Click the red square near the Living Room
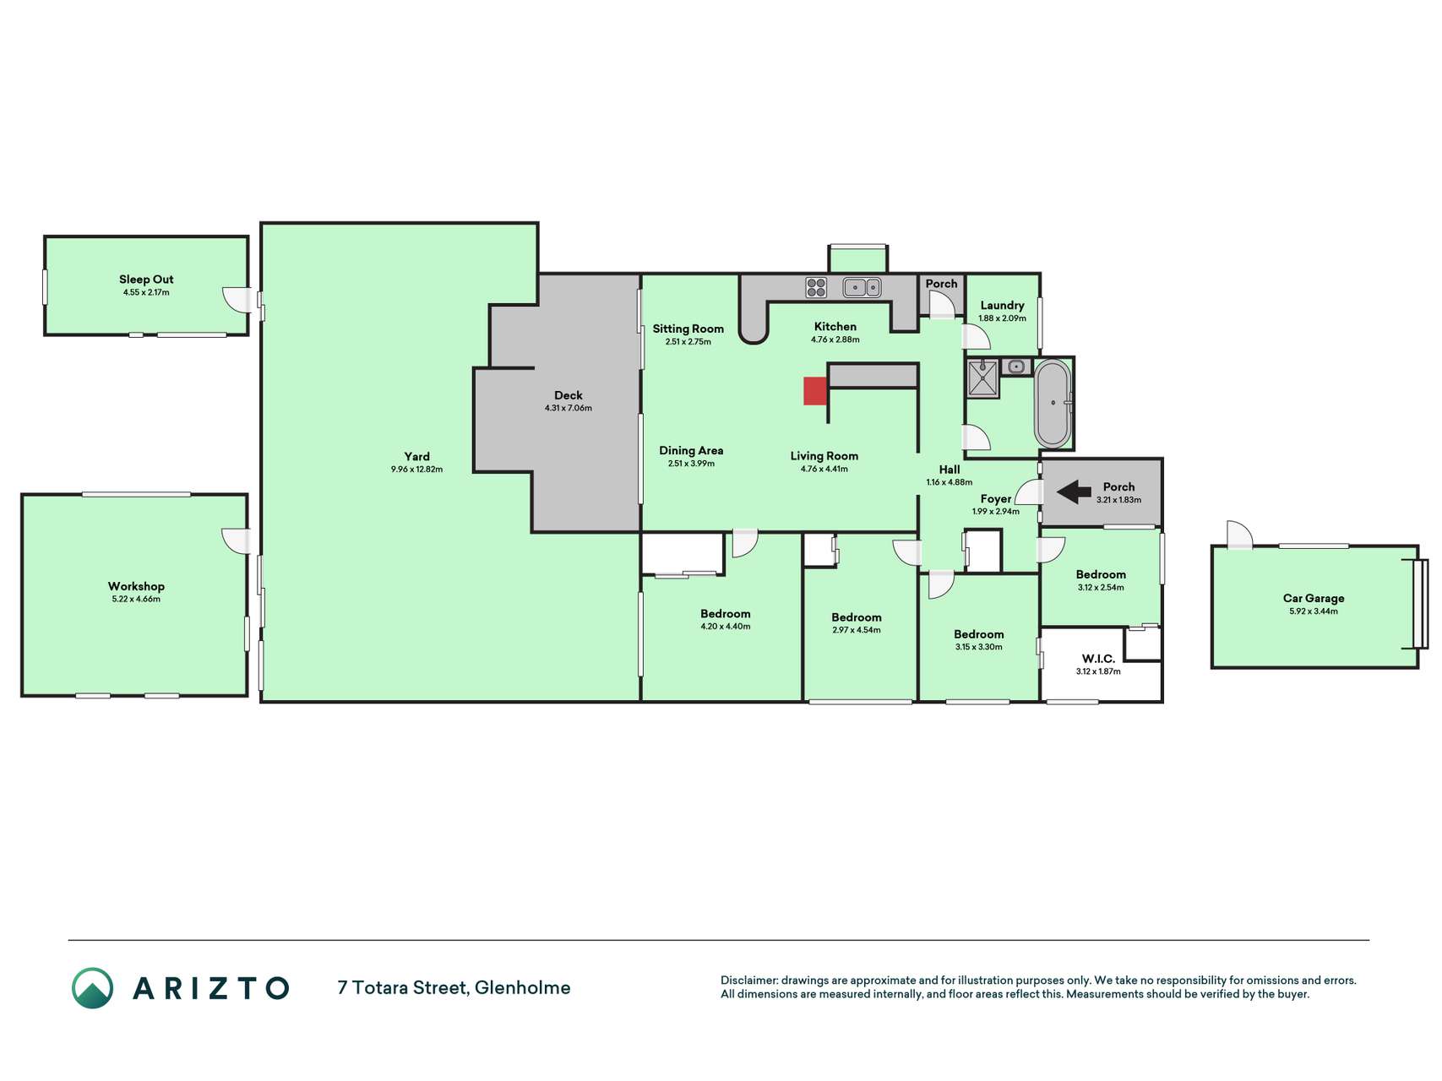(814, 391)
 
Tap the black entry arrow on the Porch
(1074, 492)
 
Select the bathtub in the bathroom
(1053, 404)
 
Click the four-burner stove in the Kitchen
(816, 287)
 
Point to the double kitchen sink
(862, 288)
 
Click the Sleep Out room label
(146, 280)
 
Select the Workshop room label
(136, 586)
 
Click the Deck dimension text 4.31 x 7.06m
(569, 409)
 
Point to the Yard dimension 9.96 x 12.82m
(416, 470)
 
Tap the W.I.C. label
(1098, 659)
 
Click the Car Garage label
(1314, 598)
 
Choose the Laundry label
(1002, 306)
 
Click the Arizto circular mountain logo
(92, 988)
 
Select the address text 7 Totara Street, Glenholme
(454, 987)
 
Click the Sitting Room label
(688, 329)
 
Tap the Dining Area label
(691, 451)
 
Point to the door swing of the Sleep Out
(236, 299)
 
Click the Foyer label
(996, 499)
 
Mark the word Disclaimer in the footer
(748, 981)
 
